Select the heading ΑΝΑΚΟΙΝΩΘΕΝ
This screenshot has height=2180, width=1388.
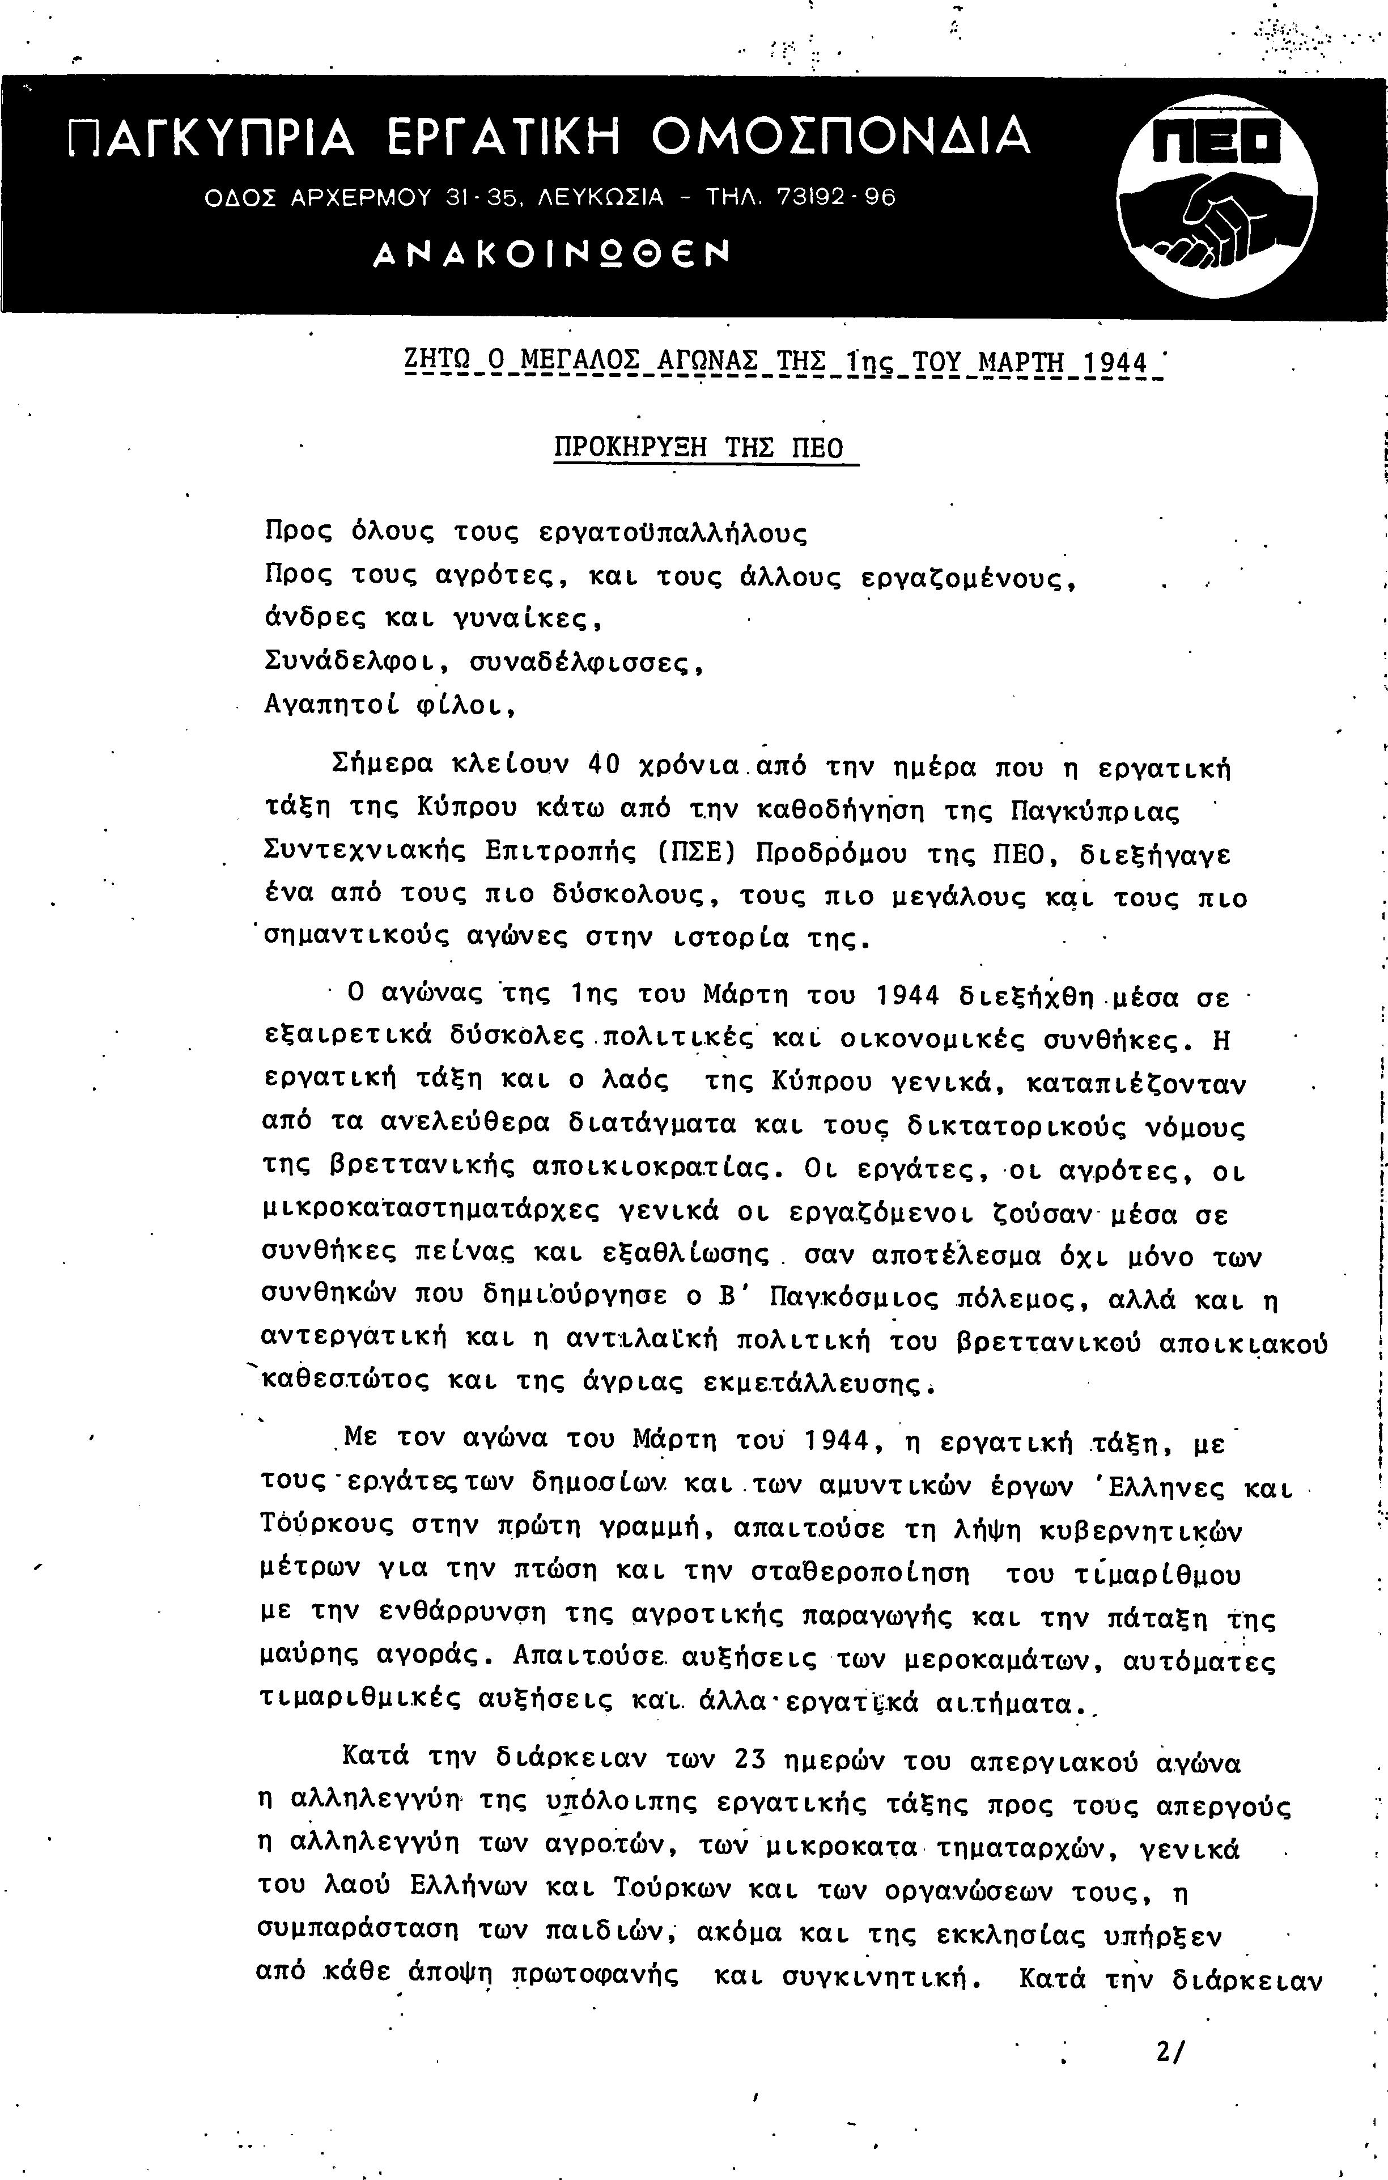551,255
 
